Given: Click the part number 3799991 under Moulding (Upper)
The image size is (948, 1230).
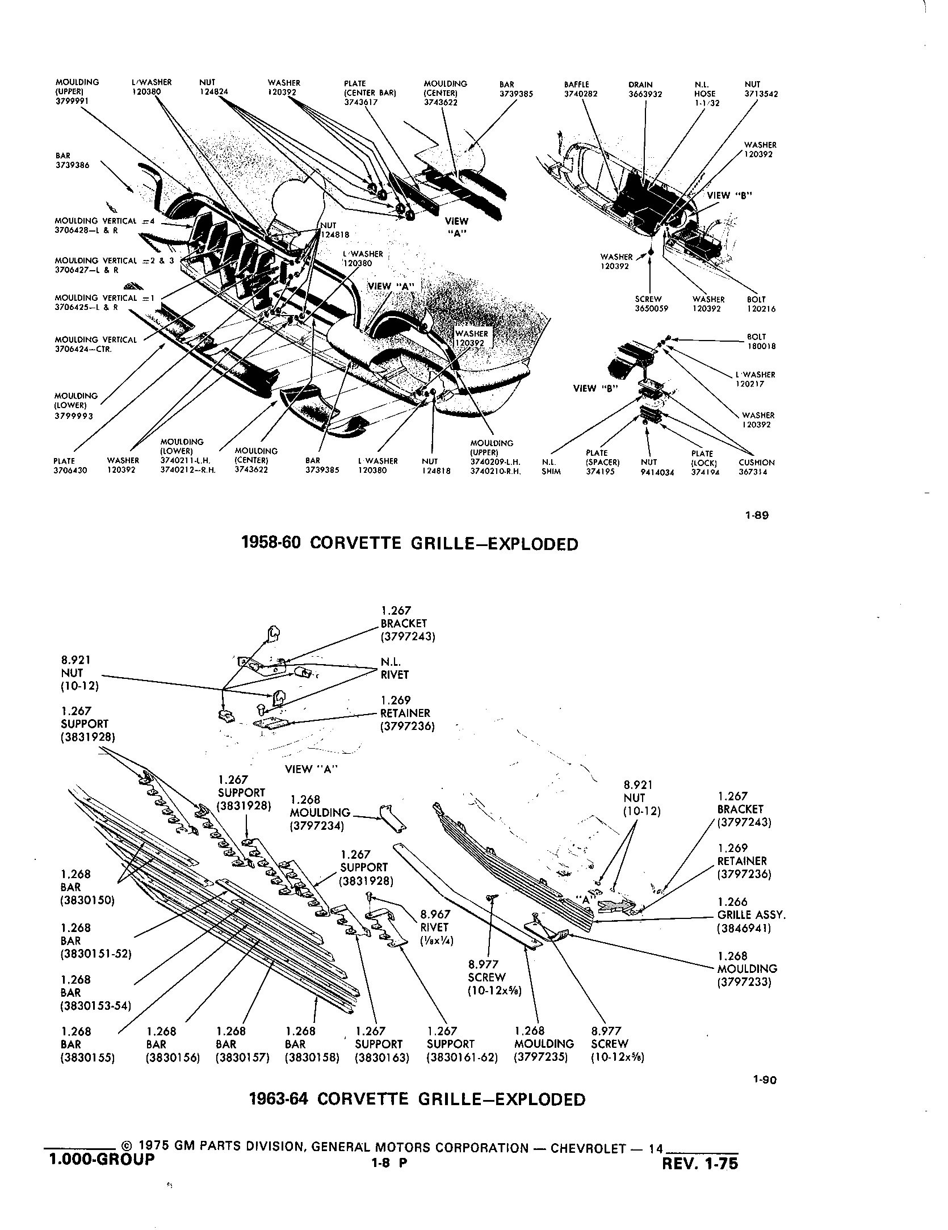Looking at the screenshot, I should [72, 102].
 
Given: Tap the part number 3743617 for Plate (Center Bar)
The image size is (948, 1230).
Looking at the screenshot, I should [361, 102].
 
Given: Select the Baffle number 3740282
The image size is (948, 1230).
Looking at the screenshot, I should [581, 94].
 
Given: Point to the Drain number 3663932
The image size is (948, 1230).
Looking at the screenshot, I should [645, 94].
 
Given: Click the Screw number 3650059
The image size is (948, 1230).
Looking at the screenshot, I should [652, 309].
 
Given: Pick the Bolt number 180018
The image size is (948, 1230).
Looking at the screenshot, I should [762, 346].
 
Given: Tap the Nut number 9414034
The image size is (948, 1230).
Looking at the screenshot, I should [657, 472].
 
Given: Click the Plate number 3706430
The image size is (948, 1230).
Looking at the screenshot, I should [70, 471].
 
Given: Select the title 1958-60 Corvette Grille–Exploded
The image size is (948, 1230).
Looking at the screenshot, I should [410, 543].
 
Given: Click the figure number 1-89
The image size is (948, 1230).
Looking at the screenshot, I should [757, 516].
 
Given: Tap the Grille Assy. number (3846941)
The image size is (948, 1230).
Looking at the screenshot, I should [744, 929].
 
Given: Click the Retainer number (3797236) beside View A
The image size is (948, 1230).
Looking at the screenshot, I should [408, 726].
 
